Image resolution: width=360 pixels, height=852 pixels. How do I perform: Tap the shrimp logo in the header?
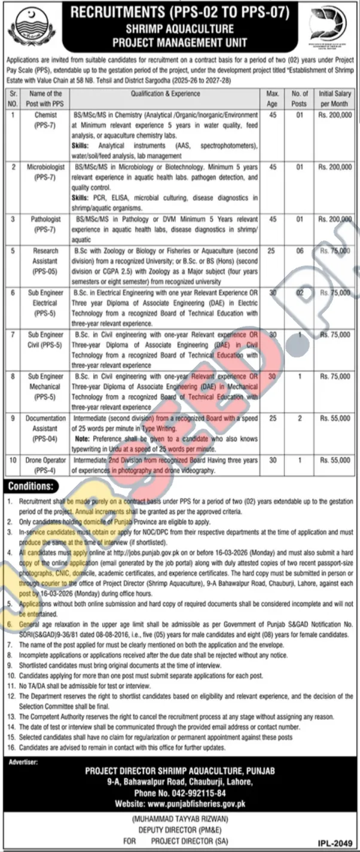click(331, 26)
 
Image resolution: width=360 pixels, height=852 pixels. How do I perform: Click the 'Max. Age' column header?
click(272, 98)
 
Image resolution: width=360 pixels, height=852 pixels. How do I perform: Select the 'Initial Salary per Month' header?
click(335, 98)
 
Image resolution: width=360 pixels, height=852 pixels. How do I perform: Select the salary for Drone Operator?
click(335, 461)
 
